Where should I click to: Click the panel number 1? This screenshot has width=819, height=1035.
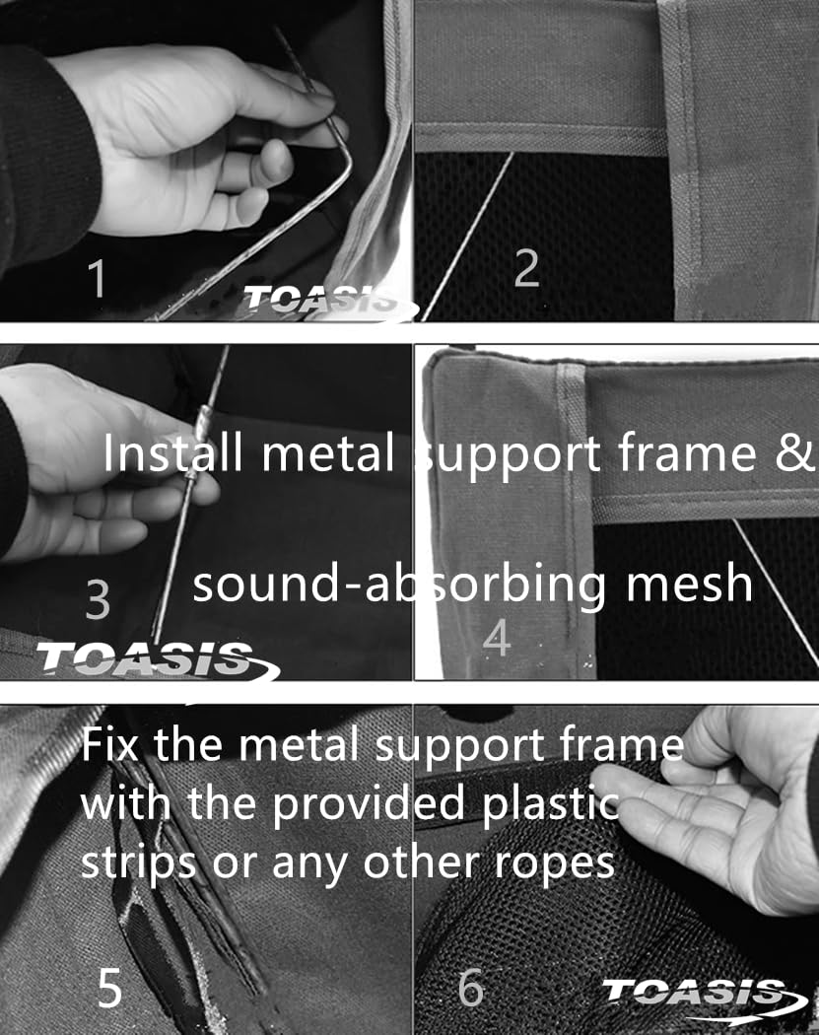click(97, 278)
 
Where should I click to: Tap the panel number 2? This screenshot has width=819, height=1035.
click(526, 268)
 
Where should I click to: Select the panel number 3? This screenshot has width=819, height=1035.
click(98, 599)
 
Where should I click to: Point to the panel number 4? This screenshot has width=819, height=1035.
click(497, 638)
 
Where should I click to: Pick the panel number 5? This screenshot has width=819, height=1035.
click(110, 988)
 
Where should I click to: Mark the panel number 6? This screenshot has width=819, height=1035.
click(471, 988)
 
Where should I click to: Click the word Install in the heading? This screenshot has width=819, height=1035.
click(172, 452)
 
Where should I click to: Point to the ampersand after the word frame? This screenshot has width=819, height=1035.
click(795, 453)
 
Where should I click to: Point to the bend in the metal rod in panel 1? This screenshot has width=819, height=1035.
click(343, 140)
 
